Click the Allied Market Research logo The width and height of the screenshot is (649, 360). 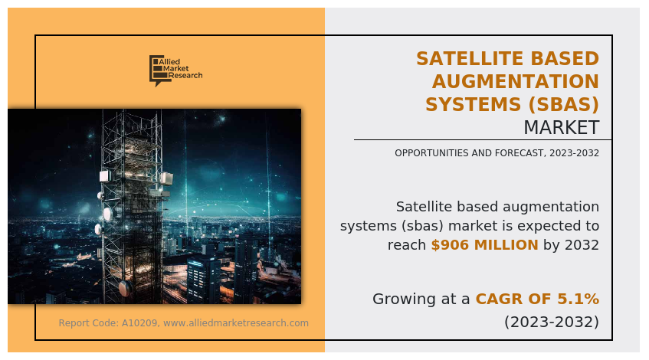176,70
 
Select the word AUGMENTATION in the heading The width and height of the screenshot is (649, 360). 516,81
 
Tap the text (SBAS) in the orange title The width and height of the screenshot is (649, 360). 564,105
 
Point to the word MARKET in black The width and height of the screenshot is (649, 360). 562,127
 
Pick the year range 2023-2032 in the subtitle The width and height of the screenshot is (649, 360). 574,153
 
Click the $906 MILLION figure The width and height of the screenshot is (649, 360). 485,245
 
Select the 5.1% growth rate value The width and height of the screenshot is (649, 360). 579,299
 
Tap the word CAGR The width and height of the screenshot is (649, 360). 493,299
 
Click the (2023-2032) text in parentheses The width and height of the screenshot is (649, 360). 552,322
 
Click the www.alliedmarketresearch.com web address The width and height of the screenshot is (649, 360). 236,323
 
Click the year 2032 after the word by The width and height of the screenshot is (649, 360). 582,245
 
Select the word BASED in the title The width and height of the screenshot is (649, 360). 565,59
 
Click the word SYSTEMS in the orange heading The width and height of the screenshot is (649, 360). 474,105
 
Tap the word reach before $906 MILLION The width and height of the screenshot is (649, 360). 407,245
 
